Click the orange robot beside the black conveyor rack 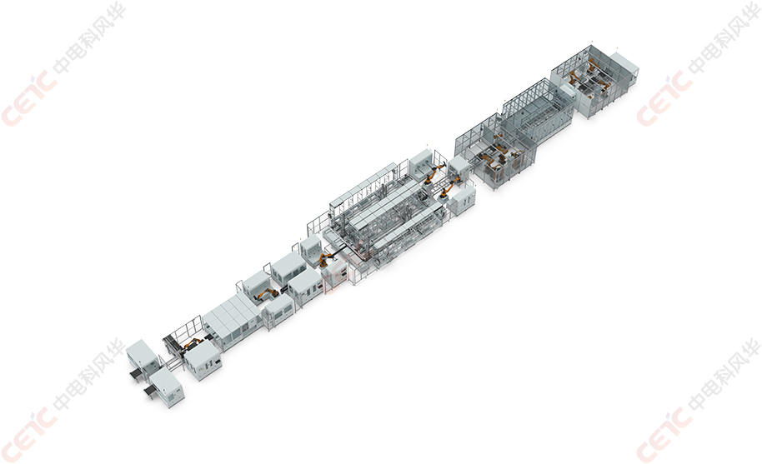coord(193,343)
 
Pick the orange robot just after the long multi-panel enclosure coord(266,294)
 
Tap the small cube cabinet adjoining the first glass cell coord(459,166)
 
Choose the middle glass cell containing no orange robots coord(538,109)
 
